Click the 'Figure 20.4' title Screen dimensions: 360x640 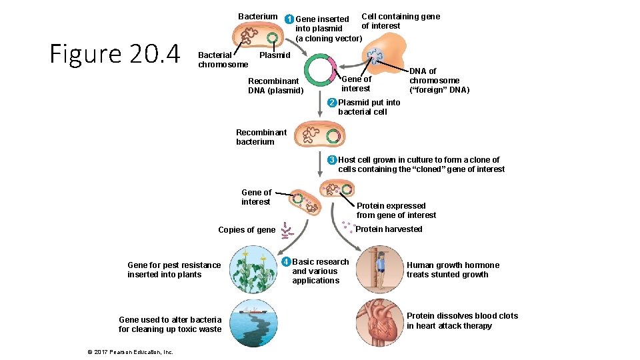pos(115,54)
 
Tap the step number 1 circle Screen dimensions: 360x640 pos(289,19)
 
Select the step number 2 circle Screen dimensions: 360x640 pos(331,103)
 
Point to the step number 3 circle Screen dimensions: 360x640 pos(331,160)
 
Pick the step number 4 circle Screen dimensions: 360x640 pos(285,261)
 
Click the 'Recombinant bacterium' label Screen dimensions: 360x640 pos(261,137)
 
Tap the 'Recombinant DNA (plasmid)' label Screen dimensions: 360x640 pos(275,86)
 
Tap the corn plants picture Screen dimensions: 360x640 pos(254,270)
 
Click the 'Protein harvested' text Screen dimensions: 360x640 pos(389,229)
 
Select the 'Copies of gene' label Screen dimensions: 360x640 pos(247,230)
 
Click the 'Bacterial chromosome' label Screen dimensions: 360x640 pos(223,60)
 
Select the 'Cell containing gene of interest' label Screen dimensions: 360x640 pos(400,21)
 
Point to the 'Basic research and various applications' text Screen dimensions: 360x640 pos(320,271)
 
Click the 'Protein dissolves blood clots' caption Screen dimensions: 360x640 pos(462,321)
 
